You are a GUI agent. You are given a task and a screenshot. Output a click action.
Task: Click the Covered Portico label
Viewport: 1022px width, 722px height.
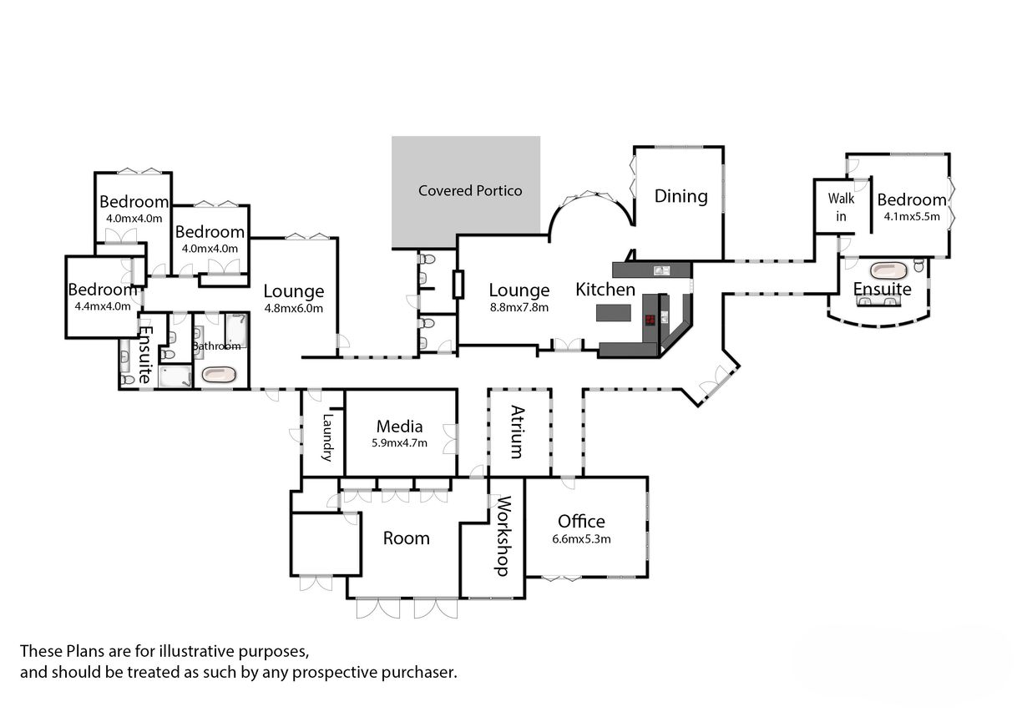470,191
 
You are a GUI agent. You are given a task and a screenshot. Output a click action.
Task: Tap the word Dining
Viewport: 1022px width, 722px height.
680,196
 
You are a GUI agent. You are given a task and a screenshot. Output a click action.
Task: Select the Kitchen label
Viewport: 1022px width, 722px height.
605,290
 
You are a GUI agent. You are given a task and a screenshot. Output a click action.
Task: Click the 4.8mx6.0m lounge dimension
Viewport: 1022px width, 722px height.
294,308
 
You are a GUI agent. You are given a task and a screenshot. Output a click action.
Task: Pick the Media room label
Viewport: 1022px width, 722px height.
399,427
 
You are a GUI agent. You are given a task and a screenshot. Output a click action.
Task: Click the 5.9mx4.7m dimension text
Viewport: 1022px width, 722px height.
399,443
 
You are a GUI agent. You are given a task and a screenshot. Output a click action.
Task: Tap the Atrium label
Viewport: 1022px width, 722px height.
518,432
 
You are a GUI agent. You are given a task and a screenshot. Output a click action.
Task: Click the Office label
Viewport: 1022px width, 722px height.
581,522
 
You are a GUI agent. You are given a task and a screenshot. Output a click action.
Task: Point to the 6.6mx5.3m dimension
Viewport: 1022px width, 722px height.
581,538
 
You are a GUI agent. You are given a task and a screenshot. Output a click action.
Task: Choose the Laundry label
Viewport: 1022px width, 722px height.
327,437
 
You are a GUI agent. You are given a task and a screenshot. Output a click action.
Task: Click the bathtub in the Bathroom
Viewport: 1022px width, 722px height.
219,375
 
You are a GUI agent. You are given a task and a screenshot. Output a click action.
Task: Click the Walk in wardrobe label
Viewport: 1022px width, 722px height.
841,208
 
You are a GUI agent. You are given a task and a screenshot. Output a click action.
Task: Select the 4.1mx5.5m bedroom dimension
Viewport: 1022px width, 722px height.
912,216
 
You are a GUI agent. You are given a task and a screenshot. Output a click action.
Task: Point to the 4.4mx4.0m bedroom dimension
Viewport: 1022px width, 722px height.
102,305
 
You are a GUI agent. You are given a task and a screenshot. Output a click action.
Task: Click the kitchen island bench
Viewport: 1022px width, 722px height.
614,312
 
